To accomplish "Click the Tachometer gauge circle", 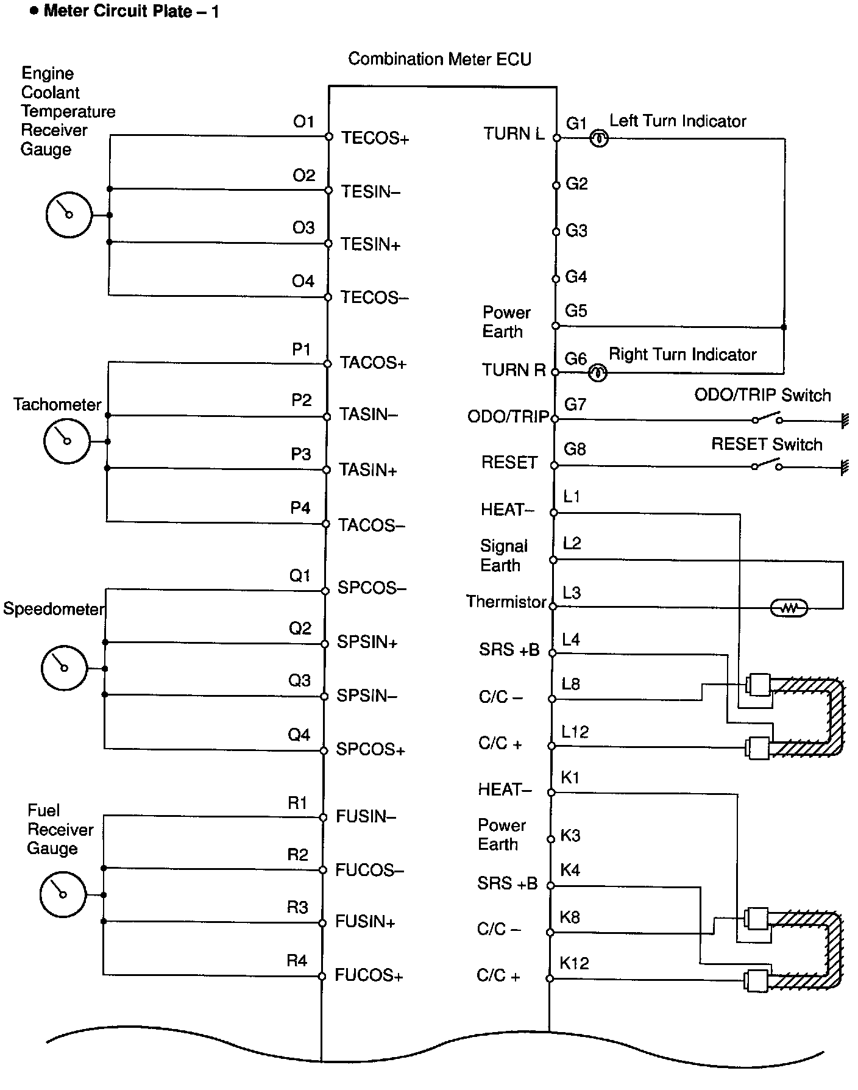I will tap(67, 441).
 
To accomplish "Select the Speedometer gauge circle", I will tap(64, 668).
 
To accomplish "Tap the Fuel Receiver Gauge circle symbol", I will tap(63, 894).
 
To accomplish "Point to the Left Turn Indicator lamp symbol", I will tap(600, 139).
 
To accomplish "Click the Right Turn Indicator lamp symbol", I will tap(598, 372).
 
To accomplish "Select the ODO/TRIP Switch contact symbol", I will tap(767, 419).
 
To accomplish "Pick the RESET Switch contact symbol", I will tap(767, 466).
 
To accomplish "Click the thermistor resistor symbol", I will tap(789, 608).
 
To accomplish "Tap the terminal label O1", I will tap(303, 122).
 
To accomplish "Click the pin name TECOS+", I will tap(375, 138).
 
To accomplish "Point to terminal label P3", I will tap(301, 454).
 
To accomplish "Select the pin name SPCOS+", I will tap(370, 749).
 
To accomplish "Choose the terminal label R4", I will tap(297, 961).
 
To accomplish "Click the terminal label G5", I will tap(576, 311).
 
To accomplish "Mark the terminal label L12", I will tap(575, 732).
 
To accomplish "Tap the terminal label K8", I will tap(570, 917).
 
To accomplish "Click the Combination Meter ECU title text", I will tap(439, 59).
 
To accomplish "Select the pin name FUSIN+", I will tap(366, 922).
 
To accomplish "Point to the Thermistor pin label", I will tap(506, 602).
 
